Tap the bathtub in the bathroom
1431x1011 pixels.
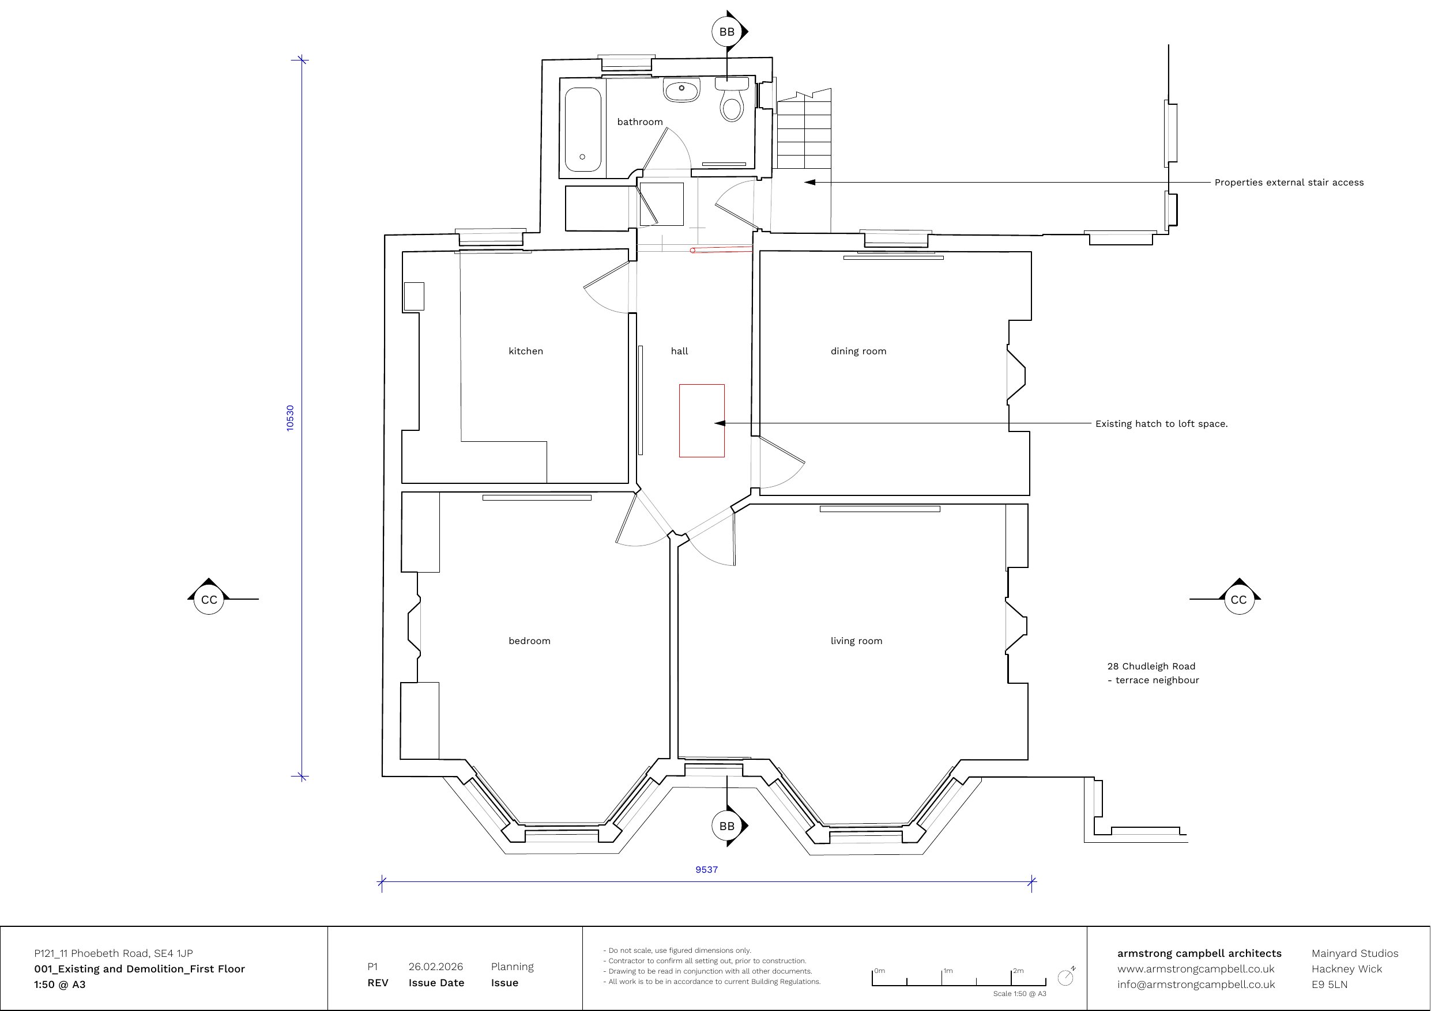583,130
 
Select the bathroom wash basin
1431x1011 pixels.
682,90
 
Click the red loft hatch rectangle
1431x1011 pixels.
702,421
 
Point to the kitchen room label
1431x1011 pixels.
525,351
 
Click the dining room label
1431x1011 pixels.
858,351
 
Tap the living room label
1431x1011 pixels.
856,641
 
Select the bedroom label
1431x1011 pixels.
529,641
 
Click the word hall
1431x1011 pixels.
679,351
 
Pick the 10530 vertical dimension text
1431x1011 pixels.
290,418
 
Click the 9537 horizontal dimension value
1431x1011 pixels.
707,870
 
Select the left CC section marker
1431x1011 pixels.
209,599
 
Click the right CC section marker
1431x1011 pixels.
1239,599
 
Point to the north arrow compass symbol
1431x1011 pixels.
1067,976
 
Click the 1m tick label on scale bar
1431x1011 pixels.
948,971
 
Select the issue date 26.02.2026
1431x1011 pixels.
436,967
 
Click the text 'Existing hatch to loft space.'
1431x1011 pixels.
1161,423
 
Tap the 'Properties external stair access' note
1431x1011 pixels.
1289,183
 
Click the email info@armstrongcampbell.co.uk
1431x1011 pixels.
1196,985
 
